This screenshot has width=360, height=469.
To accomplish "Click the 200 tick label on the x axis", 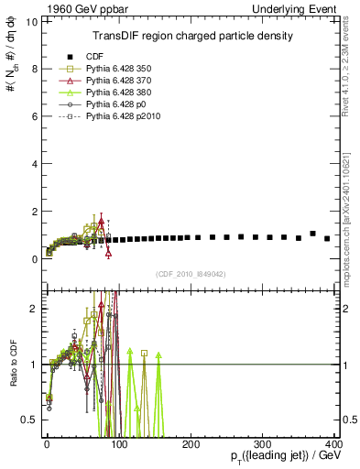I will tap(191, 444).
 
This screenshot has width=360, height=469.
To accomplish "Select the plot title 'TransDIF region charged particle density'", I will tap(192, 36).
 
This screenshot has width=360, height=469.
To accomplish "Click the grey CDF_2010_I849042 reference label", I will tap(192, 273).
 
